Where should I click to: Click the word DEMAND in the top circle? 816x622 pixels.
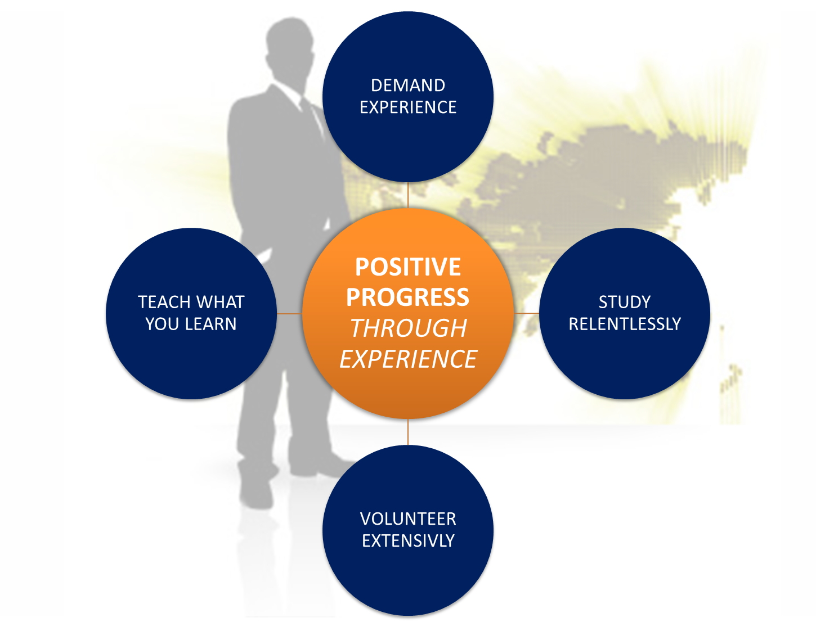coord(408,85)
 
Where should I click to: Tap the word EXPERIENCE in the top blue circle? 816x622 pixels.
coord(408,107)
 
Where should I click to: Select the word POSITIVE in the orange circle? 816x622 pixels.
coord(408,267)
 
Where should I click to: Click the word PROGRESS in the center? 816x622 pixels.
coord(408,297)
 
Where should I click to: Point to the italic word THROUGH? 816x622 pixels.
coord(408,328)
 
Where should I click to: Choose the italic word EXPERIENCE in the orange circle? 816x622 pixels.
coord(408,359)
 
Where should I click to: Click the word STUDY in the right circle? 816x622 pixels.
coord(625,302)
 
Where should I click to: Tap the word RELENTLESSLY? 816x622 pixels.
coord(625,324)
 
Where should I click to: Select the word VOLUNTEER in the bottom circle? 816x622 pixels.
coord(408,519)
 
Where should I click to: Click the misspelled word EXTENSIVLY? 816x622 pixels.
coord(408,540)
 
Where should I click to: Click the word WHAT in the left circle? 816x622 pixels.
coord(221,302)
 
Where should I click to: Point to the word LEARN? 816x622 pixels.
coord(211,324)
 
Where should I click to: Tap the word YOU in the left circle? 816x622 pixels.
coord(163,324)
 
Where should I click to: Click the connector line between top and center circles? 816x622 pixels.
coord(408,195)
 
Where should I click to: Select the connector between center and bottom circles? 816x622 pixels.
coord(408,432)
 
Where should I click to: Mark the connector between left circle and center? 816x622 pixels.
coord(290,314)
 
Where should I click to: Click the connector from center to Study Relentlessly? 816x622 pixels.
coord(526,313)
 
